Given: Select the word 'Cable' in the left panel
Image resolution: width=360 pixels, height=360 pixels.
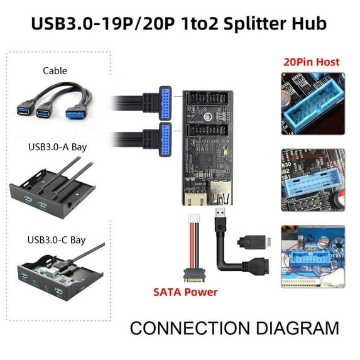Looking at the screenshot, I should pyautogui.click(x=55, y=70).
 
